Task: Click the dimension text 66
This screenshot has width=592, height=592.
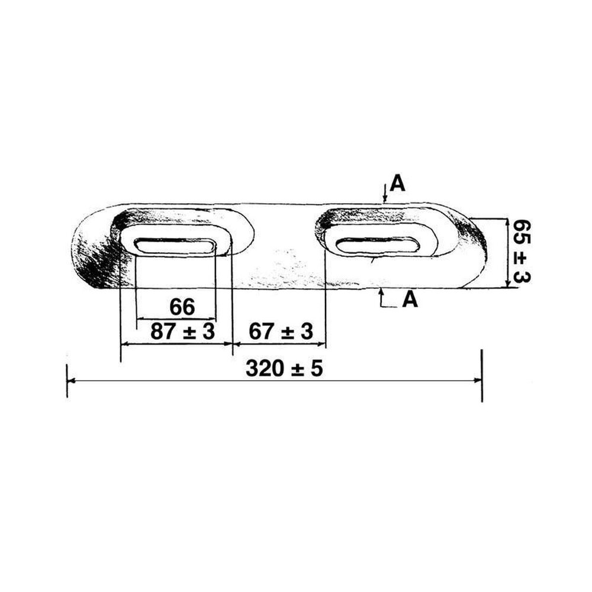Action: (182, 307)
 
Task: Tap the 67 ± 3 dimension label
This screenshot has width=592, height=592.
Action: (281, 332)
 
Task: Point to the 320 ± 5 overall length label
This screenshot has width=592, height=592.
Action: (285, 369)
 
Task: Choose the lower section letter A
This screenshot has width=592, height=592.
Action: (410, 300)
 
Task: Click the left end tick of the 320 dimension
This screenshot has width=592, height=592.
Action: (67, 381)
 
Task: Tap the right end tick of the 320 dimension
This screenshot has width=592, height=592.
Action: (482, 381)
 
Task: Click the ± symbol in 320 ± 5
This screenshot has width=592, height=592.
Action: (296, 369)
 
